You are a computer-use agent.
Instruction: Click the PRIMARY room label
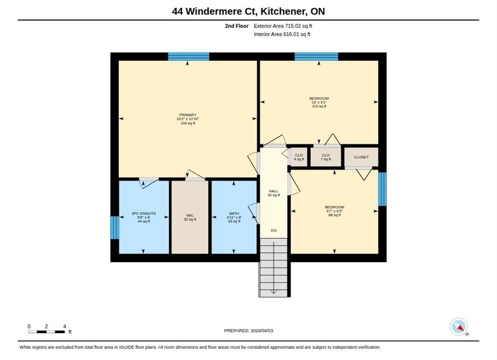pos(188,114)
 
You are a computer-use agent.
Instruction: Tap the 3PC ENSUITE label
pos(143,213)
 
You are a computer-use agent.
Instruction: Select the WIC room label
pos(190,215)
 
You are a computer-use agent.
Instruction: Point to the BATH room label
pos(234,213)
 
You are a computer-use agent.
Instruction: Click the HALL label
pos(273,191)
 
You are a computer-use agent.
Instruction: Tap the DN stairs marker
pos(273,230)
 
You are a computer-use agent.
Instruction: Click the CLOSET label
pos(361,157)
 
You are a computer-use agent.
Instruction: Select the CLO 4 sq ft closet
pos(299,157)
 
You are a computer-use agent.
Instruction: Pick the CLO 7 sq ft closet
pos(325,157)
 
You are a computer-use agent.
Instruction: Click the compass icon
pos(458,326)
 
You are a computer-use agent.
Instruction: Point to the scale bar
pos(46,332)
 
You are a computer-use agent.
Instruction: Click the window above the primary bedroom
pos(188,56)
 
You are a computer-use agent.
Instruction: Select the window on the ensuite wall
pos(114,227)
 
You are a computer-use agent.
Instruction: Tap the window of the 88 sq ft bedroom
pos(382,189)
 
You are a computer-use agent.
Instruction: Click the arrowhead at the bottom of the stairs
pos(273,292)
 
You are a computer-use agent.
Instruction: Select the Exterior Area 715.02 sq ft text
pos(282,26)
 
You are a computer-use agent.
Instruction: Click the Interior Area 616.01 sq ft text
pos(282,34)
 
